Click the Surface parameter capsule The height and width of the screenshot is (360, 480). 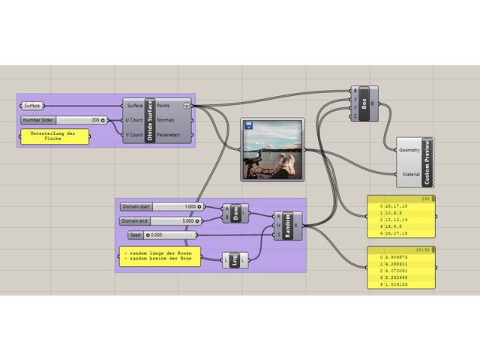click(x=34, y=106)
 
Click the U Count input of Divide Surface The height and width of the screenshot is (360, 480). click(x=133, y=120)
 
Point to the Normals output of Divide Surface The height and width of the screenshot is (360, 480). click(x=166, y=120)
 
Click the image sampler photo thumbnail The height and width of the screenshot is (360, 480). click(x=271, y=150)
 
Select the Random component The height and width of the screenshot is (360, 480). click(x=288, y=225)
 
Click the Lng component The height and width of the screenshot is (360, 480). click(x=235, y=260)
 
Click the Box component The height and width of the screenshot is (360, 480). click(x=365, y=103)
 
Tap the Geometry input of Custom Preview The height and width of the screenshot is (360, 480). click(x=409, y=150)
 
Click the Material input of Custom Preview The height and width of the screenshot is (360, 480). click(x=409, y=173)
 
